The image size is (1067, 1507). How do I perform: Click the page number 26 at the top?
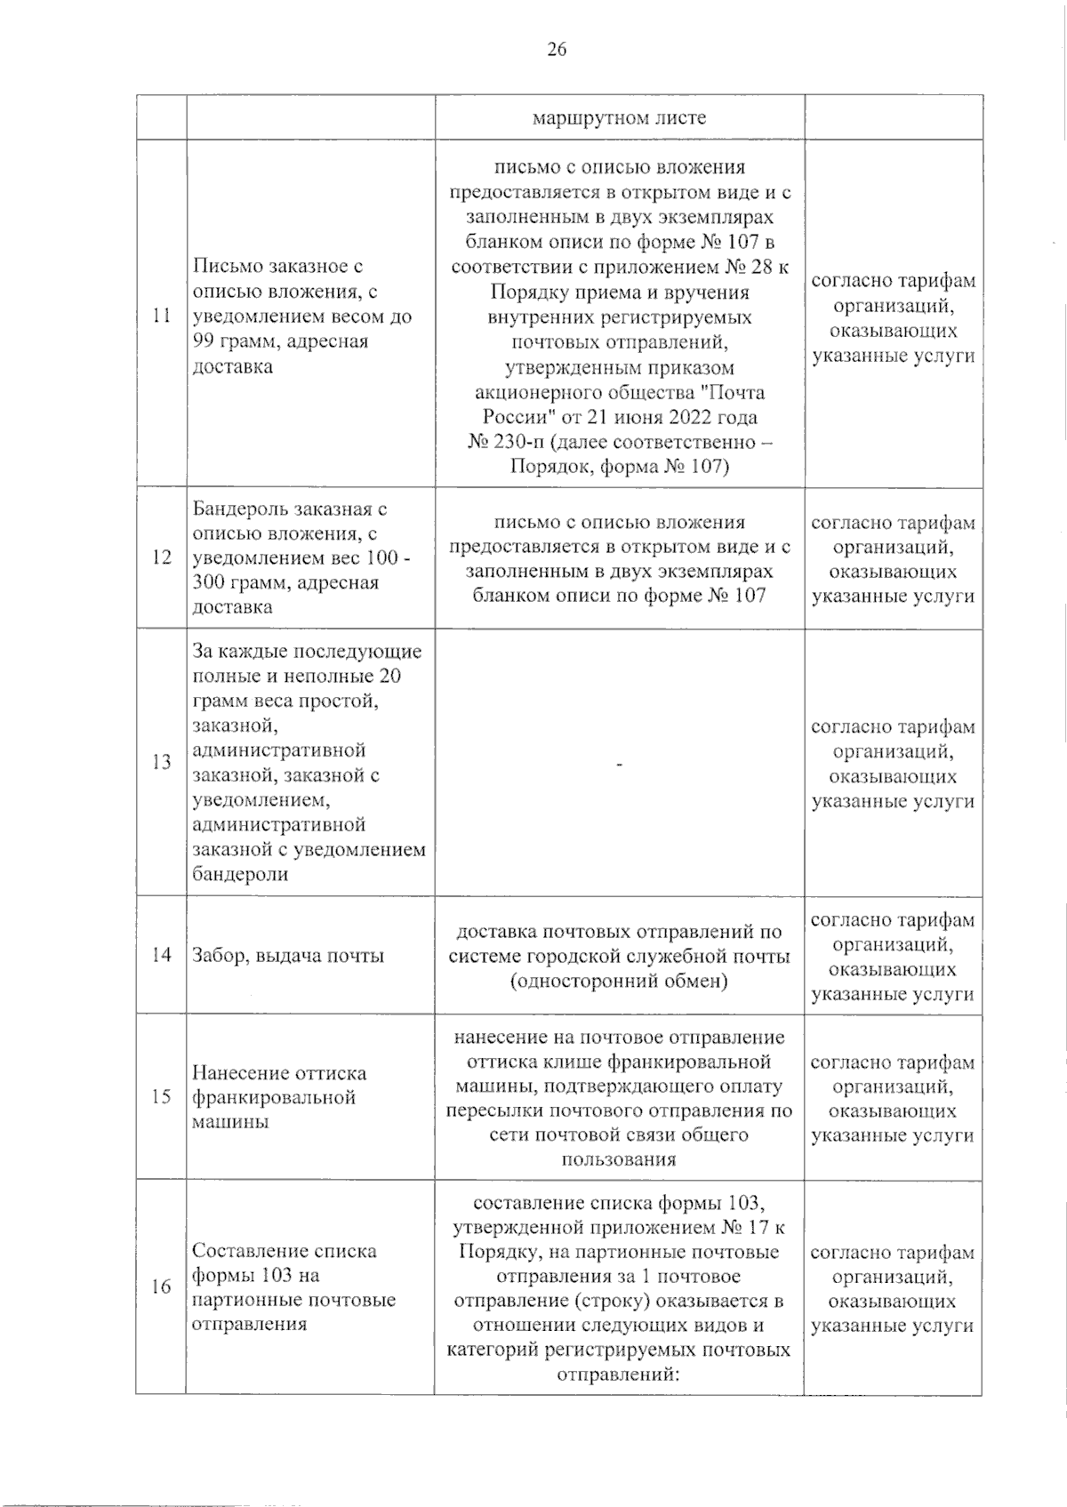point(557,50)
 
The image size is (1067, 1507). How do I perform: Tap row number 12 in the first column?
point(162,558)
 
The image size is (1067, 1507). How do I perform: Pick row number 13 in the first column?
point(162,762)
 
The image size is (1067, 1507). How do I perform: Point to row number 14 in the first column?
point(162,956)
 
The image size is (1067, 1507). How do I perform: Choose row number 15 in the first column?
point(161,1096)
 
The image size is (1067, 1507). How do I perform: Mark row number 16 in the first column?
point(161,1287)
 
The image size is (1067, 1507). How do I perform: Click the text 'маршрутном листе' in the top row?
point(620,118)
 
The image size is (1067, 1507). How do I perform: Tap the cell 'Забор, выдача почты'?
point(289,957)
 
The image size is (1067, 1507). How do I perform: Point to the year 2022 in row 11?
point(702,417)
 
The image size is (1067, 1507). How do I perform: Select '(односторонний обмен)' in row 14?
point(620,982)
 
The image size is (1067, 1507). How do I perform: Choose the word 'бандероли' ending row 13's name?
point(240,874)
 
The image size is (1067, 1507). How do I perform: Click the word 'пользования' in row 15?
point(619,1159)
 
